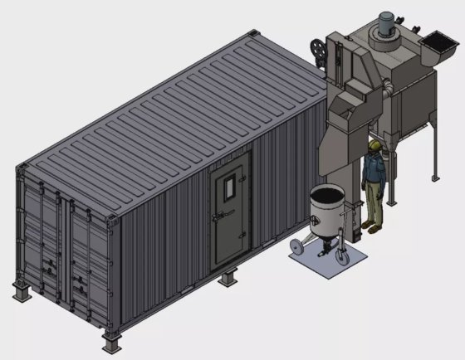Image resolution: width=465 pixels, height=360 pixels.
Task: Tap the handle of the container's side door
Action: pyautogui.click(x=218, y=217)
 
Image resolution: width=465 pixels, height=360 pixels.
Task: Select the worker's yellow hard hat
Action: pyautogui.click(x=375, y=145)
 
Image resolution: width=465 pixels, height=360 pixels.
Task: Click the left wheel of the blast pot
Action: pyautogui.click(x=293, y=249)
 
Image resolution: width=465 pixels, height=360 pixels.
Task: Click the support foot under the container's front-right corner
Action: pyautogui.click(x=113, y=343)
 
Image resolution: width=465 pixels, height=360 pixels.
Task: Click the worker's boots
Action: pyautogui.click(x=374, y=225)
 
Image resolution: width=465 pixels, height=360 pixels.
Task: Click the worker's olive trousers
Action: pyautogui.click(x=375, y=204)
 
